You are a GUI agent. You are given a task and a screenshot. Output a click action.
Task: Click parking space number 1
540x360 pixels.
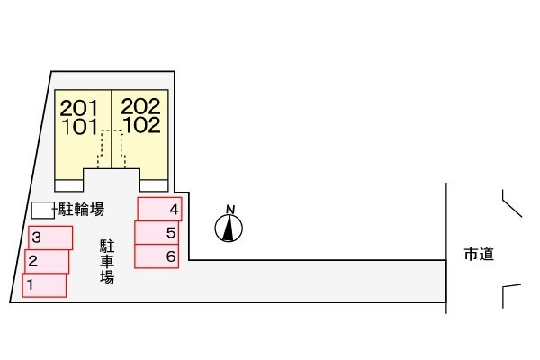tap(44, 285)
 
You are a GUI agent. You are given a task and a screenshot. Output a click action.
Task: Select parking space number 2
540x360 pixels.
tap(47, 262)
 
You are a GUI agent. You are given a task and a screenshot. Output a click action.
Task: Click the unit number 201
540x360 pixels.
tap(80, 108)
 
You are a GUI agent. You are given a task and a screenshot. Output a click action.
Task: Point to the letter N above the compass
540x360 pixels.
tap(230, 210)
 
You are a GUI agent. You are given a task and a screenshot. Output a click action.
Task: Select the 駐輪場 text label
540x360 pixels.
tap(82, 211)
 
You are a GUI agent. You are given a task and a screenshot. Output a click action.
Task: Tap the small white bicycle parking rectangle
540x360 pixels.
tap(41, 210)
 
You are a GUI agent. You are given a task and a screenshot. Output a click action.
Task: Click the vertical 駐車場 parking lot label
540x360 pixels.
tap(106, 261)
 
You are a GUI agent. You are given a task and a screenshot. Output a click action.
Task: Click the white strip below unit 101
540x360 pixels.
tap(68, 185)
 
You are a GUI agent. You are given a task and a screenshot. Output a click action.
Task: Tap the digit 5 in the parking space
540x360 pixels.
tap(171, 233)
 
